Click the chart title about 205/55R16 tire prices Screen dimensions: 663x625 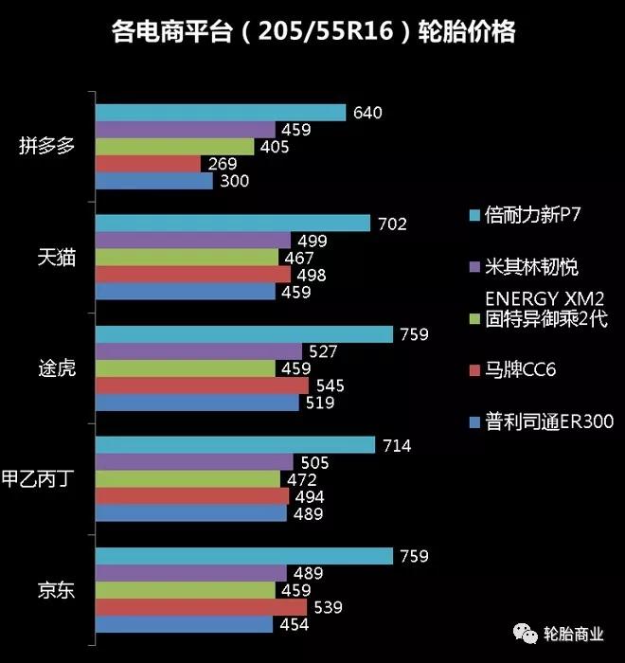coord(313,34)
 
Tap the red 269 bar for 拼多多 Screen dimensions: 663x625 coord(150,164)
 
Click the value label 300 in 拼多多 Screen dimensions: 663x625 coord(233,181)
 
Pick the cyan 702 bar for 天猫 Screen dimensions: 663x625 coord(233,224)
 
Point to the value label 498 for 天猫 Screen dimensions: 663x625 coord(312,275)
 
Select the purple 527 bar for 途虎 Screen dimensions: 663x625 coord(199,351)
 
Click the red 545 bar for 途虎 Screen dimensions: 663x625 coord(203,385)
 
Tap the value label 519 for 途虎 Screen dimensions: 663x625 coord(321,403)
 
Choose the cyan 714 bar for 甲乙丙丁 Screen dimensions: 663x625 coord(236,445)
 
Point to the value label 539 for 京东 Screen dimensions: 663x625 coord(324,607)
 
